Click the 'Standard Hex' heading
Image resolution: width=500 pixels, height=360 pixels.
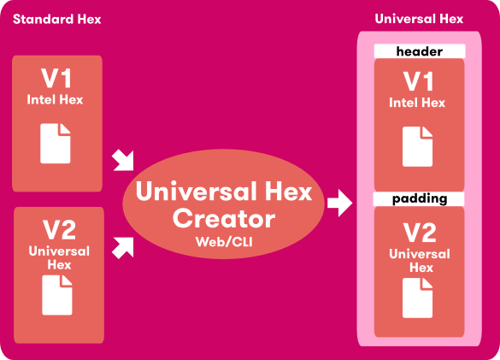tap(56, 19)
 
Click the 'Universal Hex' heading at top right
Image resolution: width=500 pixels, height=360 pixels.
tap(419, 19)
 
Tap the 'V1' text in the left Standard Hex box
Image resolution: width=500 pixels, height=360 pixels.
tap(57, 80)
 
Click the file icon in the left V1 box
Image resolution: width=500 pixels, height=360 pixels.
tap(56, 143)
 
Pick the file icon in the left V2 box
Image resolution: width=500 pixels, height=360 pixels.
tap(56, 296)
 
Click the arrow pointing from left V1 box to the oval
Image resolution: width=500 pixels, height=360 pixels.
tap(124, 159)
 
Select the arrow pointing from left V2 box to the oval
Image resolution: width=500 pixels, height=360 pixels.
tap(124, 247)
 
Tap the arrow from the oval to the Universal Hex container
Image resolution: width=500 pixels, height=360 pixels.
tap(339, 204)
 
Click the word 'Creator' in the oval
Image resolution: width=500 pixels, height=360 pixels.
tap(224, 218)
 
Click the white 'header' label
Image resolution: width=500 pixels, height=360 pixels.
tap(419, 51)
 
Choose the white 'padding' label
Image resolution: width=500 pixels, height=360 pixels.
tap(419, 198)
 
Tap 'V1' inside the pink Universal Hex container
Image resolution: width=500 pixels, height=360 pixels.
tap(418, 82)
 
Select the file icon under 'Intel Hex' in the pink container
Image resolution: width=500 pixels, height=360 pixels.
tap(418, 146)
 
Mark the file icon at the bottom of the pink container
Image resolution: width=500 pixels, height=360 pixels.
tap(418, 298)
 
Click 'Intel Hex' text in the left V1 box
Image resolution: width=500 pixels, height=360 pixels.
tap(56, 99)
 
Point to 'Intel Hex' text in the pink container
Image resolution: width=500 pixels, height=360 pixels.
tap(417, 103)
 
